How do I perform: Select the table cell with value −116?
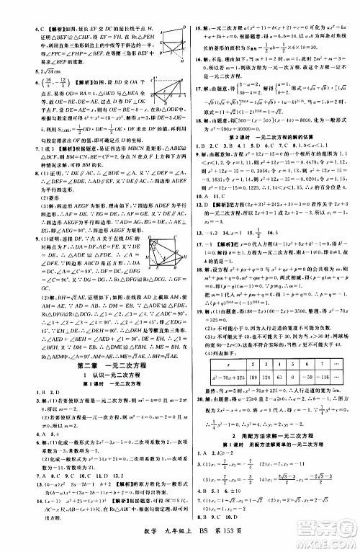coord(308,377)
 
